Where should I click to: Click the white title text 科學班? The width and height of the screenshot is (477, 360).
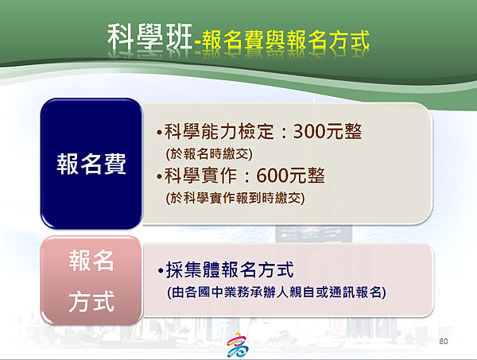[x=150, y=37]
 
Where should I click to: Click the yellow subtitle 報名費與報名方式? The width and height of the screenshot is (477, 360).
[x=285, y=40]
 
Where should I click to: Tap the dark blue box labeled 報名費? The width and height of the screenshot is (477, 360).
[x=91, y=164]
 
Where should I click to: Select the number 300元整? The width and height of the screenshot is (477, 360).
[x=328, y=131]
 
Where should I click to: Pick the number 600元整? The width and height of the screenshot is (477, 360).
[x=290, y=176]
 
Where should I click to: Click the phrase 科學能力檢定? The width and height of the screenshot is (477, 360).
[x=219, y=131]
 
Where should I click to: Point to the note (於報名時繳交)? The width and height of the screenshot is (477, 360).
[x=209, y=153]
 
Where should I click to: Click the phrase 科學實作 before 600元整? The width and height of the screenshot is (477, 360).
[x=200, y=176]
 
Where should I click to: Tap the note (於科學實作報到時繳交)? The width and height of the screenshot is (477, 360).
[x=235, y=198]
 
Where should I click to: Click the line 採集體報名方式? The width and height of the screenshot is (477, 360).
[x=230, y=269]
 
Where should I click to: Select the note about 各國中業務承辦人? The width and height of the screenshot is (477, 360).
[x=277, y=292]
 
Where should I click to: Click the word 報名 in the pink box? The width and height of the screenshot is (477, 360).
[x=91, y=261]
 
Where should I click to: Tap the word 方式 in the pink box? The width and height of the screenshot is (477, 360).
[x=91, y=302]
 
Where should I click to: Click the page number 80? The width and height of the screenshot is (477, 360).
[x=444, y=341]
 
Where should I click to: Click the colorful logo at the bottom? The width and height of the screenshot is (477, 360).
[x=238, y=345]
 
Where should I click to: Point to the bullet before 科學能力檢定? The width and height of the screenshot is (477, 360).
[x=159, y=133]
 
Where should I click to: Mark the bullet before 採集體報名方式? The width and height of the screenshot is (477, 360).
[x=161, y=270]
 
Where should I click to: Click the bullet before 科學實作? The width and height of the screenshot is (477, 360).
[x=159, y=176]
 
